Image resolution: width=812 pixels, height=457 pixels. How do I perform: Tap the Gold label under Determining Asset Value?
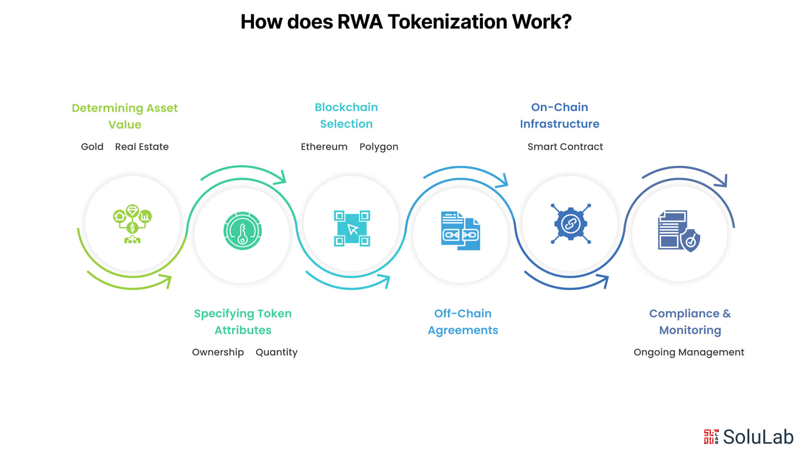pos(92,147)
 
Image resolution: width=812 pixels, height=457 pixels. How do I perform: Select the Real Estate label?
pos(142,147)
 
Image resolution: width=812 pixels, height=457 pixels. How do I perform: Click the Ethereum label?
pos(324,147)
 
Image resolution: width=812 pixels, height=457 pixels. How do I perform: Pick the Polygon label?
pos(379,147)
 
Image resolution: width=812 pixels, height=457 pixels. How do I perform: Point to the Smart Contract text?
pos(565,147)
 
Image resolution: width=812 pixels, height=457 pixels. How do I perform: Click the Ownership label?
pos(218,352)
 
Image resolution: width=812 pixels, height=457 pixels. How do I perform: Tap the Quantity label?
pos(276,352)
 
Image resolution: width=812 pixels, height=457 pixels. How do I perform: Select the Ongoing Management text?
pos(689,352)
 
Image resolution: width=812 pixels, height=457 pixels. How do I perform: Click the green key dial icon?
pos(242,231)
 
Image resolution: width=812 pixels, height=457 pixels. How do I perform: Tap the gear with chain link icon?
pos(571,224)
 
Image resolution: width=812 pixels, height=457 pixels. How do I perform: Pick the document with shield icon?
pos(679,231)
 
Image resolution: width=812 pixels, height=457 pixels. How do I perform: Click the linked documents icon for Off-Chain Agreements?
pos(460,231)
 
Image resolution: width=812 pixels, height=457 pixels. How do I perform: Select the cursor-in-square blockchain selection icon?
pos(352,228)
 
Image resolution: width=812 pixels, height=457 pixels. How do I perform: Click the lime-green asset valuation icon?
pos(132,224)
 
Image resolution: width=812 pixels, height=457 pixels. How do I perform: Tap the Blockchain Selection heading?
pos(346,115)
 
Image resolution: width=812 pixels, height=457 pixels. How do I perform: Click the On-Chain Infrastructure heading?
pos(559,115)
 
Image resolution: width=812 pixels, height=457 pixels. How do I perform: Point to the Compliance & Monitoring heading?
pos(690,322)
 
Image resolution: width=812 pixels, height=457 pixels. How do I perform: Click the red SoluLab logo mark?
pos(711,436)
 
